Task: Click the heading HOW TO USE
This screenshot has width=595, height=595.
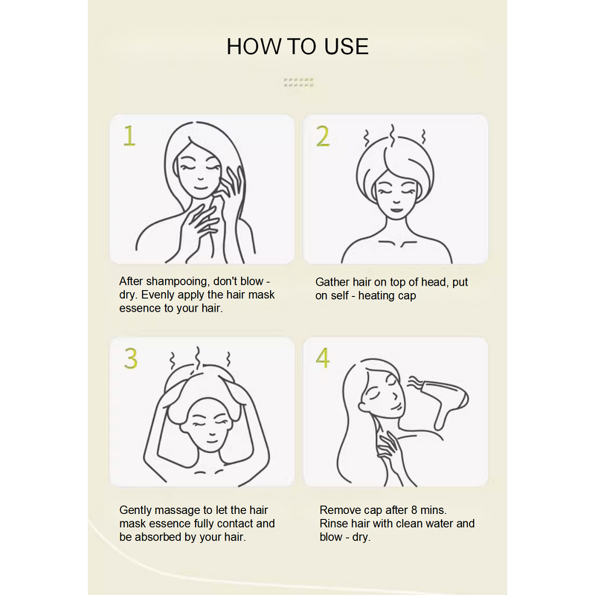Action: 297,46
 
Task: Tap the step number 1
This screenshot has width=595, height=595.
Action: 129,136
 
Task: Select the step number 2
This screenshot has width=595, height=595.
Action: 322,136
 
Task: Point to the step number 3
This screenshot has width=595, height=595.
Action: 131,358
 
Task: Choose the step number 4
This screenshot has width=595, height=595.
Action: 322,358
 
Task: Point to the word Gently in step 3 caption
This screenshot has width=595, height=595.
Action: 137,510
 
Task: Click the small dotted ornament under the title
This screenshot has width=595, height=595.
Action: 298,83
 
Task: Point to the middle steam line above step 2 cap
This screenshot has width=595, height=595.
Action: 392,134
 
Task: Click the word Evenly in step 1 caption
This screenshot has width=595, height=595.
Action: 158,295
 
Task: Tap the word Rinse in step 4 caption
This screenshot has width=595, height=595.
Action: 334,524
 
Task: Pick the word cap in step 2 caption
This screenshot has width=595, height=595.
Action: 406,295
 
